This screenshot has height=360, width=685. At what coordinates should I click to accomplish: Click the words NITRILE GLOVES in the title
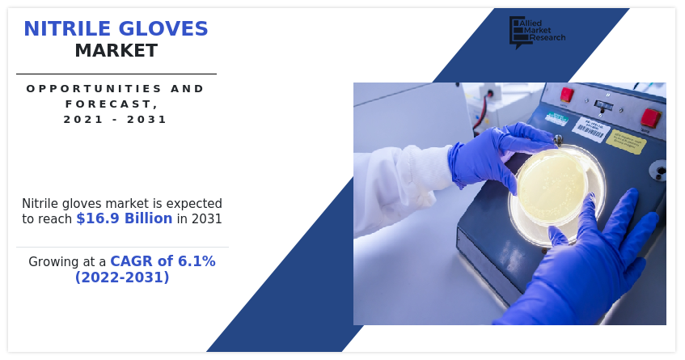(x=116, y=29)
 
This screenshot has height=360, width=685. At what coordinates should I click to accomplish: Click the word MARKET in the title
(x=116, y=51)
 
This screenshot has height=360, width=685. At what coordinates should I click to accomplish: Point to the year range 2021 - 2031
(x=116, y=119)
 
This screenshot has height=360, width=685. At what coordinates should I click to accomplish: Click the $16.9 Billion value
(x=124, y=218)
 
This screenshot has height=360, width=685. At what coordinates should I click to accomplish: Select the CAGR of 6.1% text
(x=163, y=261)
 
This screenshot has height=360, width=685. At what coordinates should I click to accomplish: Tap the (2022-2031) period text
(x=122, y=277)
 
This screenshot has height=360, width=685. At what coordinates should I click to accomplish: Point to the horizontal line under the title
(x=116, y=74)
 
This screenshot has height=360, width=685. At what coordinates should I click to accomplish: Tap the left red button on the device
(x=567, y=95)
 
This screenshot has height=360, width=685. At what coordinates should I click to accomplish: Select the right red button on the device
(x=650, y=117)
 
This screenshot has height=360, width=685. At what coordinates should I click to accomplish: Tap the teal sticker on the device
(x=556, y=118)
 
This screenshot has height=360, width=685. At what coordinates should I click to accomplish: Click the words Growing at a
(x=67, y=261)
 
